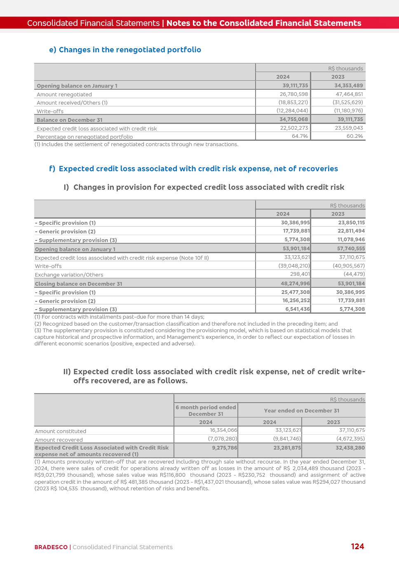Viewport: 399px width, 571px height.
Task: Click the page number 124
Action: [357, 546]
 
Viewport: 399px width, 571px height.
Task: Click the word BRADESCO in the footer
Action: [51, 547]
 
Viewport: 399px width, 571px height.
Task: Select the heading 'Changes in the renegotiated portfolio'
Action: [130, 50]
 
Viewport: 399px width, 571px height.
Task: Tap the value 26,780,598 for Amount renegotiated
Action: [294, 94]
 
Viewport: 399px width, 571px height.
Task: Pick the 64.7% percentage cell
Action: [300, 136]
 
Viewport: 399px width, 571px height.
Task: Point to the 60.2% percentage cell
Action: [354, 136]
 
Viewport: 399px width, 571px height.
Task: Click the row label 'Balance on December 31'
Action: [69, 120]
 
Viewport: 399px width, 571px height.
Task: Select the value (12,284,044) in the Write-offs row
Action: [292, 111]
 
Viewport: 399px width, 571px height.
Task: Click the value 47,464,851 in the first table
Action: [349, 94]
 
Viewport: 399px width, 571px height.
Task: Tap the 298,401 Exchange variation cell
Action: [300, 274]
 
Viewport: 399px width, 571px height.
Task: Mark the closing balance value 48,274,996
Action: [295, 283]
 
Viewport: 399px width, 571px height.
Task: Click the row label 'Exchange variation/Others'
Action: [69, 275]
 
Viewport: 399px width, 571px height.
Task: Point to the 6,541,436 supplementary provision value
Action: [297, 309]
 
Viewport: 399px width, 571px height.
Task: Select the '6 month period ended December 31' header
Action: [206, 410]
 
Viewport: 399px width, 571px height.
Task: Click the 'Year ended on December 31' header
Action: [301, 410]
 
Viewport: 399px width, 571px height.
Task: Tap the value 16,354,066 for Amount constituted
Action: [223, 430]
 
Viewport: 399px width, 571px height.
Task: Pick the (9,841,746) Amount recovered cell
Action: [287, 439]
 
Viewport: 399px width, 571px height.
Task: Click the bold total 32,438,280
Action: [350, 448]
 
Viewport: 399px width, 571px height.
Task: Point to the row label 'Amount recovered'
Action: [59, 440]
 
